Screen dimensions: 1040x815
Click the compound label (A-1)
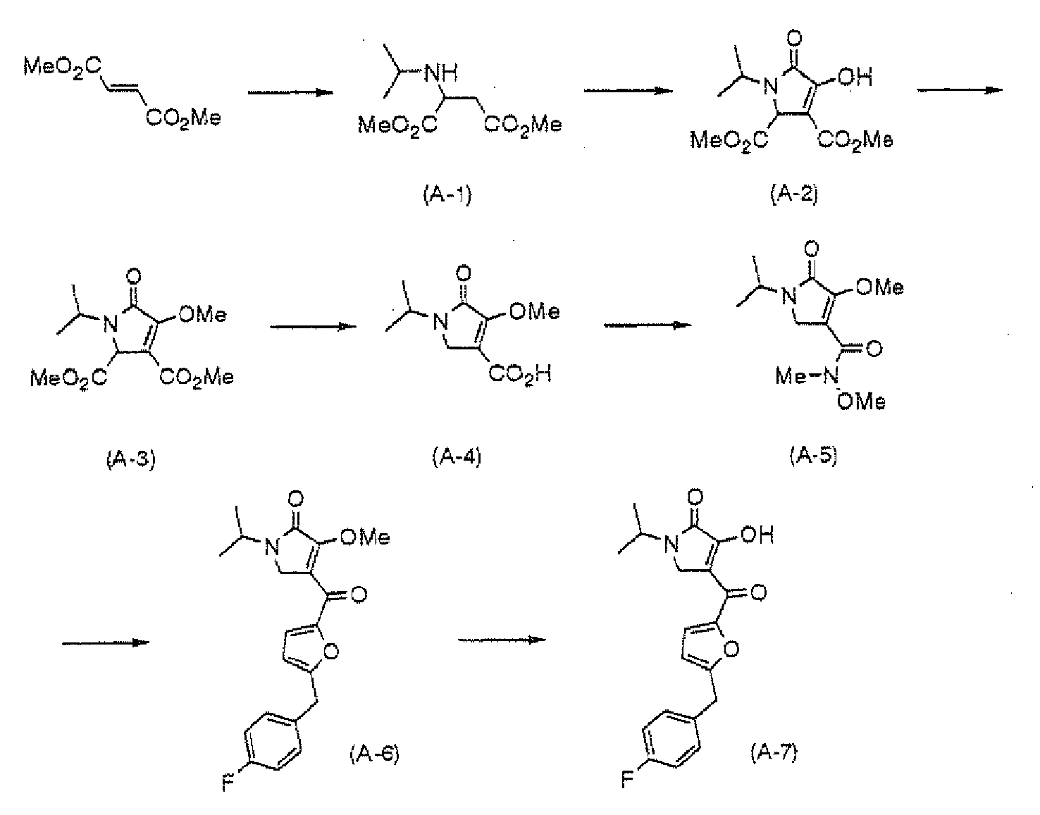pyautogui.click(x=447, y=194)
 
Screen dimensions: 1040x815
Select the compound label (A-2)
pyautogui.click(x=794, y=194)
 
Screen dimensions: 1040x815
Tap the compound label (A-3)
pyautogui.click(x=130, y=459)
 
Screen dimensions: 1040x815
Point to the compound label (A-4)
pyautogui.click(x=456, y=456)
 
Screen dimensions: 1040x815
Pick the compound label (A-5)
pyautogui.click(x=813, y=455)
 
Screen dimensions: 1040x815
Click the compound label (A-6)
pyautogui.click(x=374, y=754)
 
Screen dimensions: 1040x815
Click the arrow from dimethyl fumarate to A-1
pyautogui.click(x=290, y=92)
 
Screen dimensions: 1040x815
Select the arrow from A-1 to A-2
pyautogui.click(x=628, y=90)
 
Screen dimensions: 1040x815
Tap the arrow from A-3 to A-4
pyautogui.click(x=314, y=326)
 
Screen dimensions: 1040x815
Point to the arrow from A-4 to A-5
pyautogui.click(x=647, y=325)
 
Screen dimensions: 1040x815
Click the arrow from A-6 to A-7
pyautogui.click(x=502, y=640)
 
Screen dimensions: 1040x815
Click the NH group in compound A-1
pyautogui.click(x=441, y=73)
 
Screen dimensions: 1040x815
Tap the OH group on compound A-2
pyautogui.click(x=855, y=77)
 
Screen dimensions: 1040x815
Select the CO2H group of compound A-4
pyautogui.click(x=519, y=374)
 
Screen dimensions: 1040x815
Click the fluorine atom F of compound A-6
pyautogui.click(x=228, y=783)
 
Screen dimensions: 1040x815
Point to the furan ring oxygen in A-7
pyautogui.click(x=731, y=649)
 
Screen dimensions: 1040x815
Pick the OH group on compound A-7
pyautogui.click(x=757, y=535)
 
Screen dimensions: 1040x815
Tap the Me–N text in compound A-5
pyautogui.click(x=807, y=376)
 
